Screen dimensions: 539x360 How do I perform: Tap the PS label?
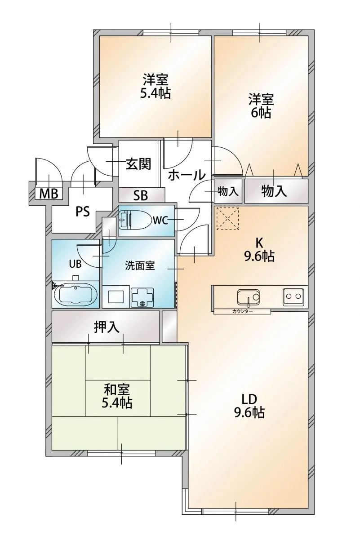point(82,211)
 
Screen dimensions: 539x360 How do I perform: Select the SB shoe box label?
point(141,195)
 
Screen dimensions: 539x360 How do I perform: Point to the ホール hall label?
point(187,176)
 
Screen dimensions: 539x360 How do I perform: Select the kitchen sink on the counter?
point(248,297)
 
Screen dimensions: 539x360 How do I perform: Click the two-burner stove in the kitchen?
point(293,296)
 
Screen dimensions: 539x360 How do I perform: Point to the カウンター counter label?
point(243,311)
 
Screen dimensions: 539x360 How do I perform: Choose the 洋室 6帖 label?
point(261,106)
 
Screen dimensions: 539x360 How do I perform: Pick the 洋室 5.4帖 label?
point(156,87)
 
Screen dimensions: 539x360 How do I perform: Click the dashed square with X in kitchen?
point(227,218)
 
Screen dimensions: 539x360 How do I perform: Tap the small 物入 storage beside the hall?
point(228,191)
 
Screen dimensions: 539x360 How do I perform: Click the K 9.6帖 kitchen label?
point(259,249)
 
